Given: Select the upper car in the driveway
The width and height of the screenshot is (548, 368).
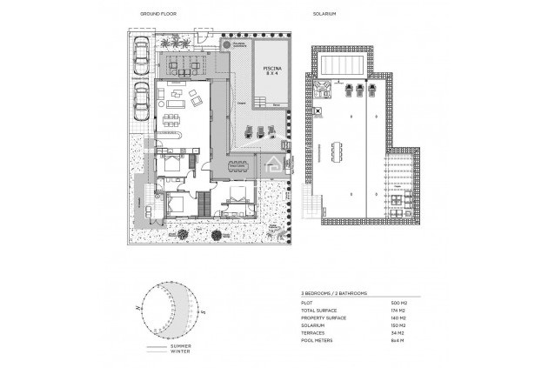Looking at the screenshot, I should pyautogui.click(x=142, y=57).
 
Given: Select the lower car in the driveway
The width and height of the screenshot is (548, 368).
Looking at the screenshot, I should pyautogui.click(x=142, y=104).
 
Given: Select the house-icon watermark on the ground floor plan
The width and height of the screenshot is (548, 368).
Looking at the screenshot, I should pyautogui.click(x=271, y=164).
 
